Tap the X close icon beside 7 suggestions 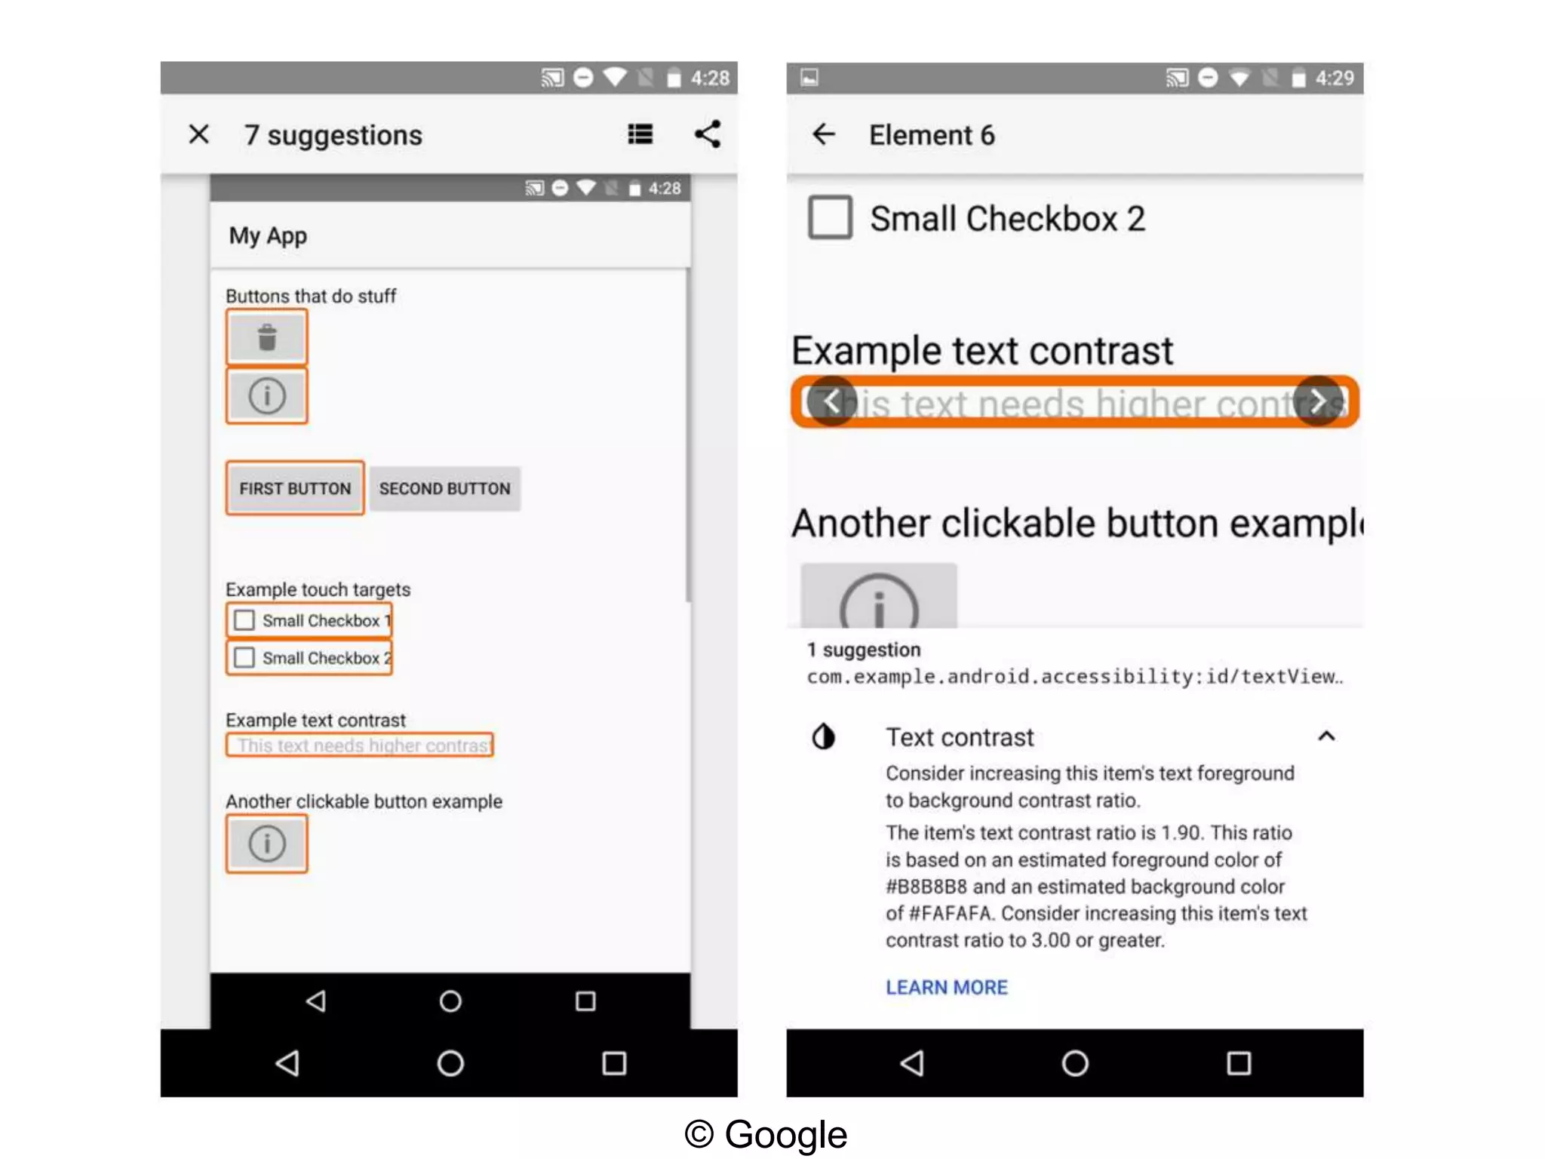pos(198,134)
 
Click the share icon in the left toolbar pos(708,134)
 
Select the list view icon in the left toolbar pos(640,134)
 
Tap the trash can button pos(267,337)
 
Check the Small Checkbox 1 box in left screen pos(244,620)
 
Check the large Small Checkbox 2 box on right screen pos(830,217)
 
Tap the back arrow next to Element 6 pos(824,134)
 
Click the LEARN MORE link pos(946,987)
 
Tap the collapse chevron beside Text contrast pos(1326,736)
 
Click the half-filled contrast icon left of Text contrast pos(824,736)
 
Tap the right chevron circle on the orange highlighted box pos(1317,401)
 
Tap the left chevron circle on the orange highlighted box pos(831,401)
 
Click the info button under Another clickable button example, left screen pos(267,843)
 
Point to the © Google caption pos(766,1134)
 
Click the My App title pos(268,235)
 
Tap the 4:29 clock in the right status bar pos(1334,78)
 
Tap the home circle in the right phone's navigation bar pos(1074,1063)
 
